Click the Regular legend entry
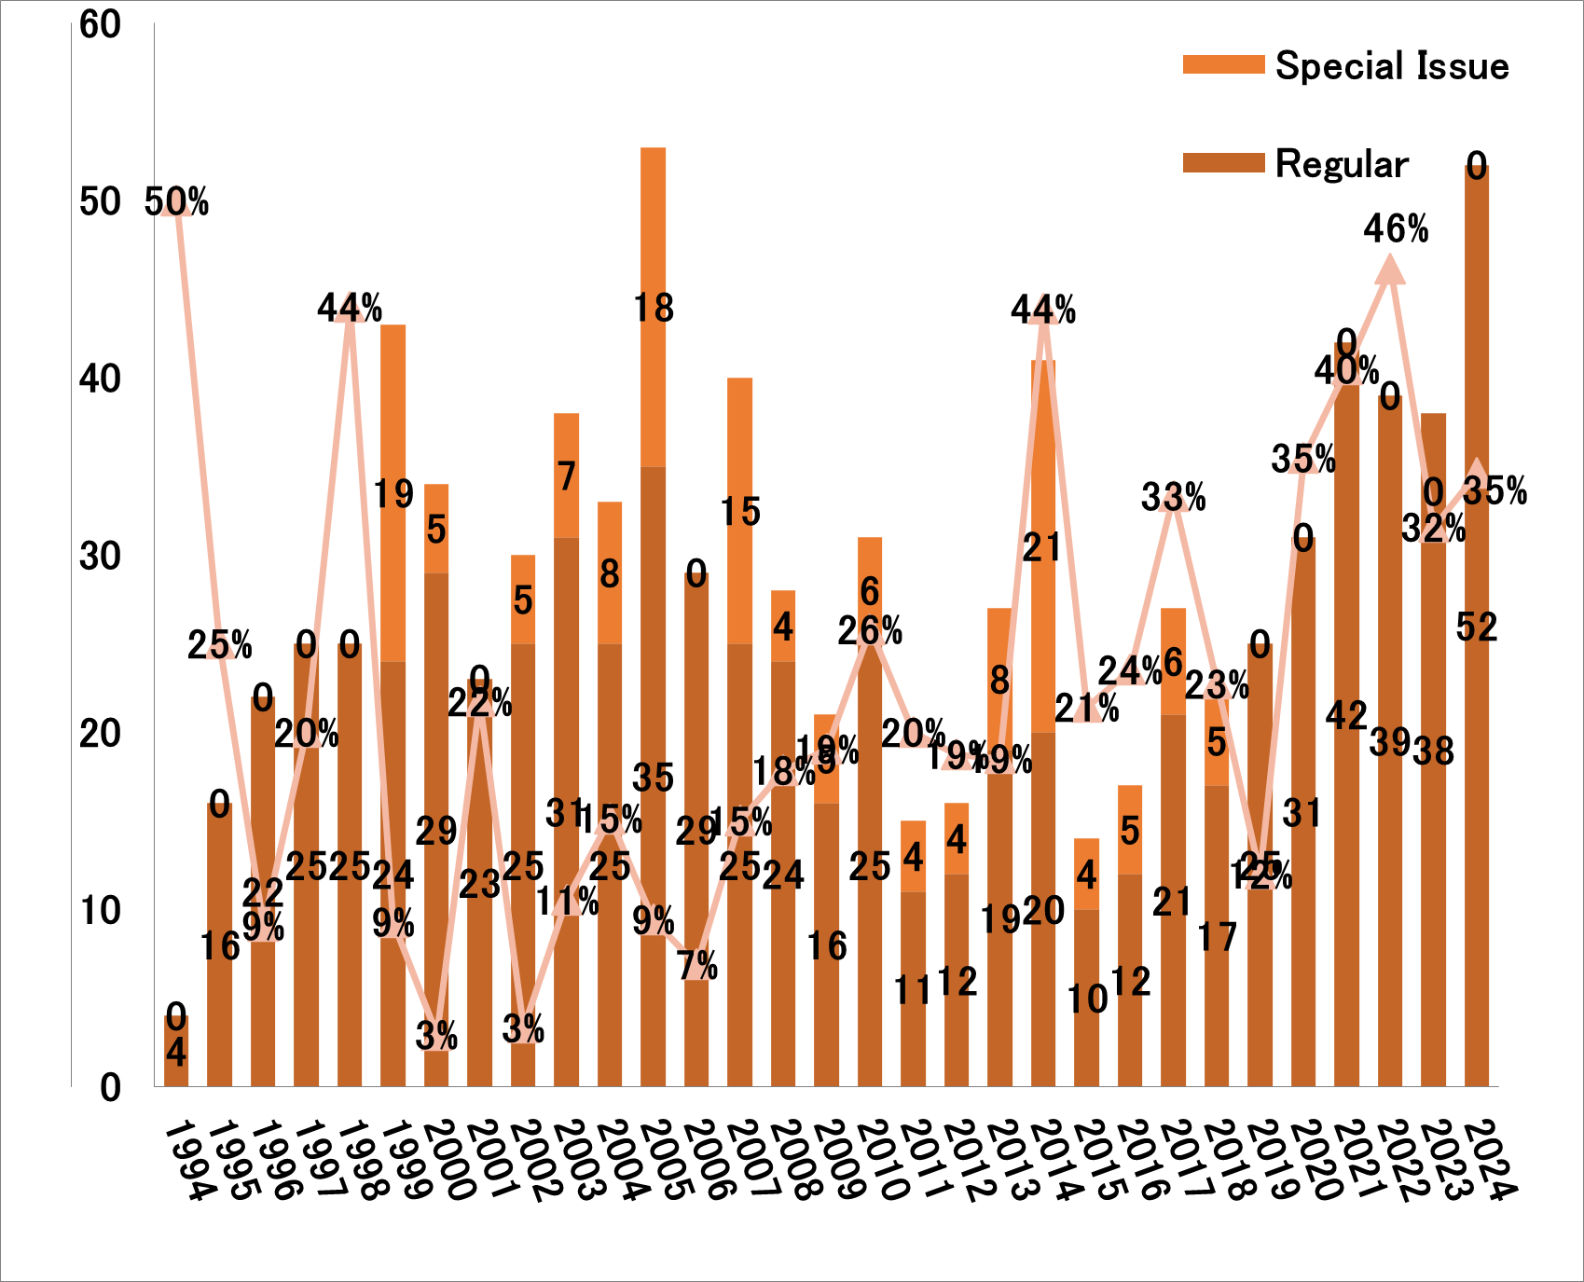[1341, 164]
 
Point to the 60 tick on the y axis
[101, 25]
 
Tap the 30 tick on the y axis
[101, 557]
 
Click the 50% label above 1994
[177, 202]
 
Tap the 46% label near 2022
[1396, 229]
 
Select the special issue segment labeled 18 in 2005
[653, 308]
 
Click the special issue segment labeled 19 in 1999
[393, 494]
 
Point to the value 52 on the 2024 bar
[1477, 627]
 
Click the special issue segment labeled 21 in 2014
[1043, 548]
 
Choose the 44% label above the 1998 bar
[350, 309]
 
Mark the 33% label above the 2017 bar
[1174, 499]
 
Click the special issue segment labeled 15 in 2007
[740, 512]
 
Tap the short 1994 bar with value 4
[176, 1052]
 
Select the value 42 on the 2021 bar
[1346, 716]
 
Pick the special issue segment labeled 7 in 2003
[567, 476]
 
